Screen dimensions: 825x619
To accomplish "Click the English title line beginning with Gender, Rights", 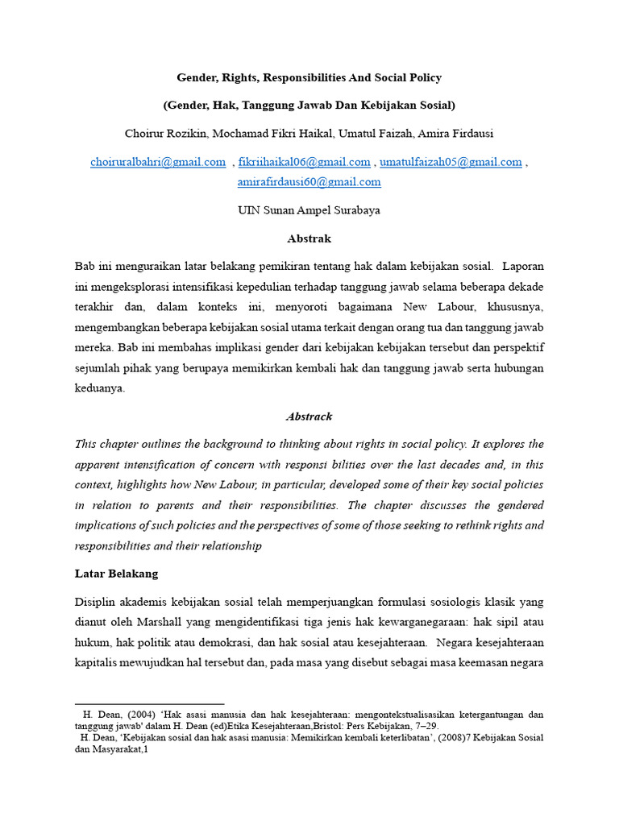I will point(309,78).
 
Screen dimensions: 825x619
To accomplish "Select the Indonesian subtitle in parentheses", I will point(309,105).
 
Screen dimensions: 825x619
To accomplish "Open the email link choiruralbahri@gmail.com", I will point(158,162).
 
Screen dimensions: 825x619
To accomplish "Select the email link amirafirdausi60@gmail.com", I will point(309,182).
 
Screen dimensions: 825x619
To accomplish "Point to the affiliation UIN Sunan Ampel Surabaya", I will point(309,210).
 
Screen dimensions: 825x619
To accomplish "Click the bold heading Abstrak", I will point(309,238).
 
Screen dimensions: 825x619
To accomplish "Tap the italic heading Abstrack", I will point(309,417).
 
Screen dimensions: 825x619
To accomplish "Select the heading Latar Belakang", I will point(116,574).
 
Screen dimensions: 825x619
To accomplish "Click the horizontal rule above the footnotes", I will point(149,704).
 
